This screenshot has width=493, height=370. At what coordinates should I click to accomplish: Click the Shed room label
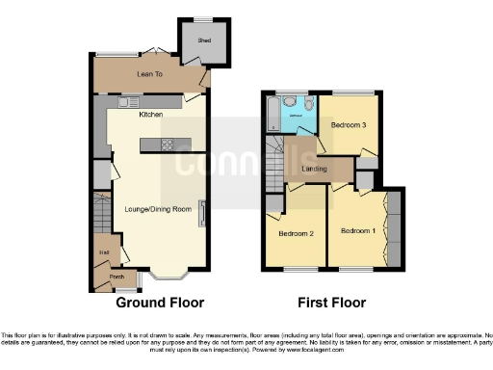pos(204,40)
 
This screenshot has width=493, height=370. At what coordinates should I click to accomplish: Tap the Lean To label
pos(150,73)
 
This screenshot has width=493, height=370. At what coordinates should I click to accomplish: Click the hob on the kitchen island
pos(166,145)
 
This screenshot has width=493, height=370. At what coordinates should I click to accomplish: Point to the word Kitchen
pos(150,115)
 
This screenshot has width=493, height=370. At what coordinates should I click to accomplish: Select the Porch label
pos(117,277)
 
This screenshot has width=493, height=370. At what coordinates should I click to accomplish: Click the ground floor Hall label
pos(102,253)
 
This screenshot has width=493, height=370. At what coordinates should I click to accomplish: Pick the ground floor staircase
pos(103,217)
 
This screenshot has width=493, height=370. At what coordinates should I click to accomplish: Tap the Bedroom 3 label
pos(349,125)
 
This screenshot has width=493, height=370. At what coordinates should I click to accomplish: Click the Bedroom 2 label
pos(297,234)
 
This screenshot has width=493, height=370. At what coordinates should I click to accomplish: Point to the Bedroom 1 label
pos(357,230)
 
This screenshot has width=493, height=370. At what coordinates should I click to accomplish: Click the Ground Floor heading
pos(160,302)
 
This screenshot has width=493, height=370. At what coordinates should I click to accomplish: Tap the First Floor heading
pos(331,302)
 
